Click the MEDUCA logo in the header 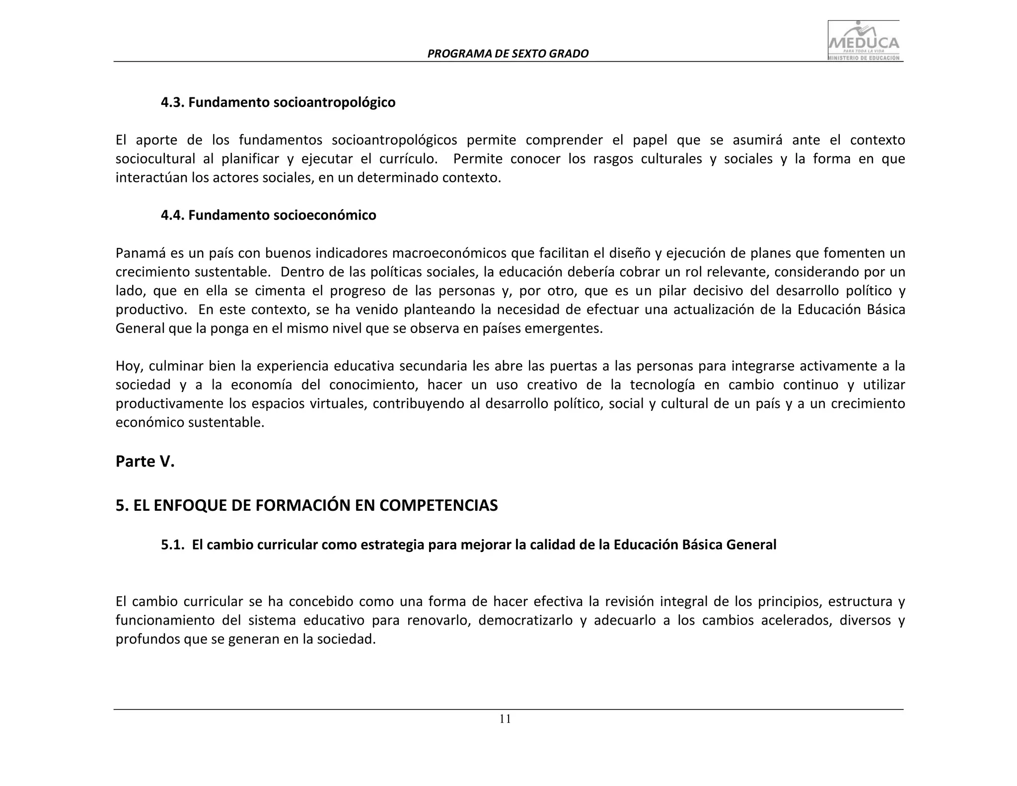point(865,41)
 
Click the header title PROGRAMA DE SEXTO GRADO point(508,54)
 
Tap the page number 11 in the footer point(505,719)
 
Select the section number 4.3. point(172,102)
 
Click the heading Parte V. point(145,462)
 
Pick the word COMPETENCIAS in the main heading point(438,505)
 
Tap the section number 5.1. point(172,545)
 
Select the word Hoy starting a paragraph point(129,366)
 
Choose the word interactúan point(151,178)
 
